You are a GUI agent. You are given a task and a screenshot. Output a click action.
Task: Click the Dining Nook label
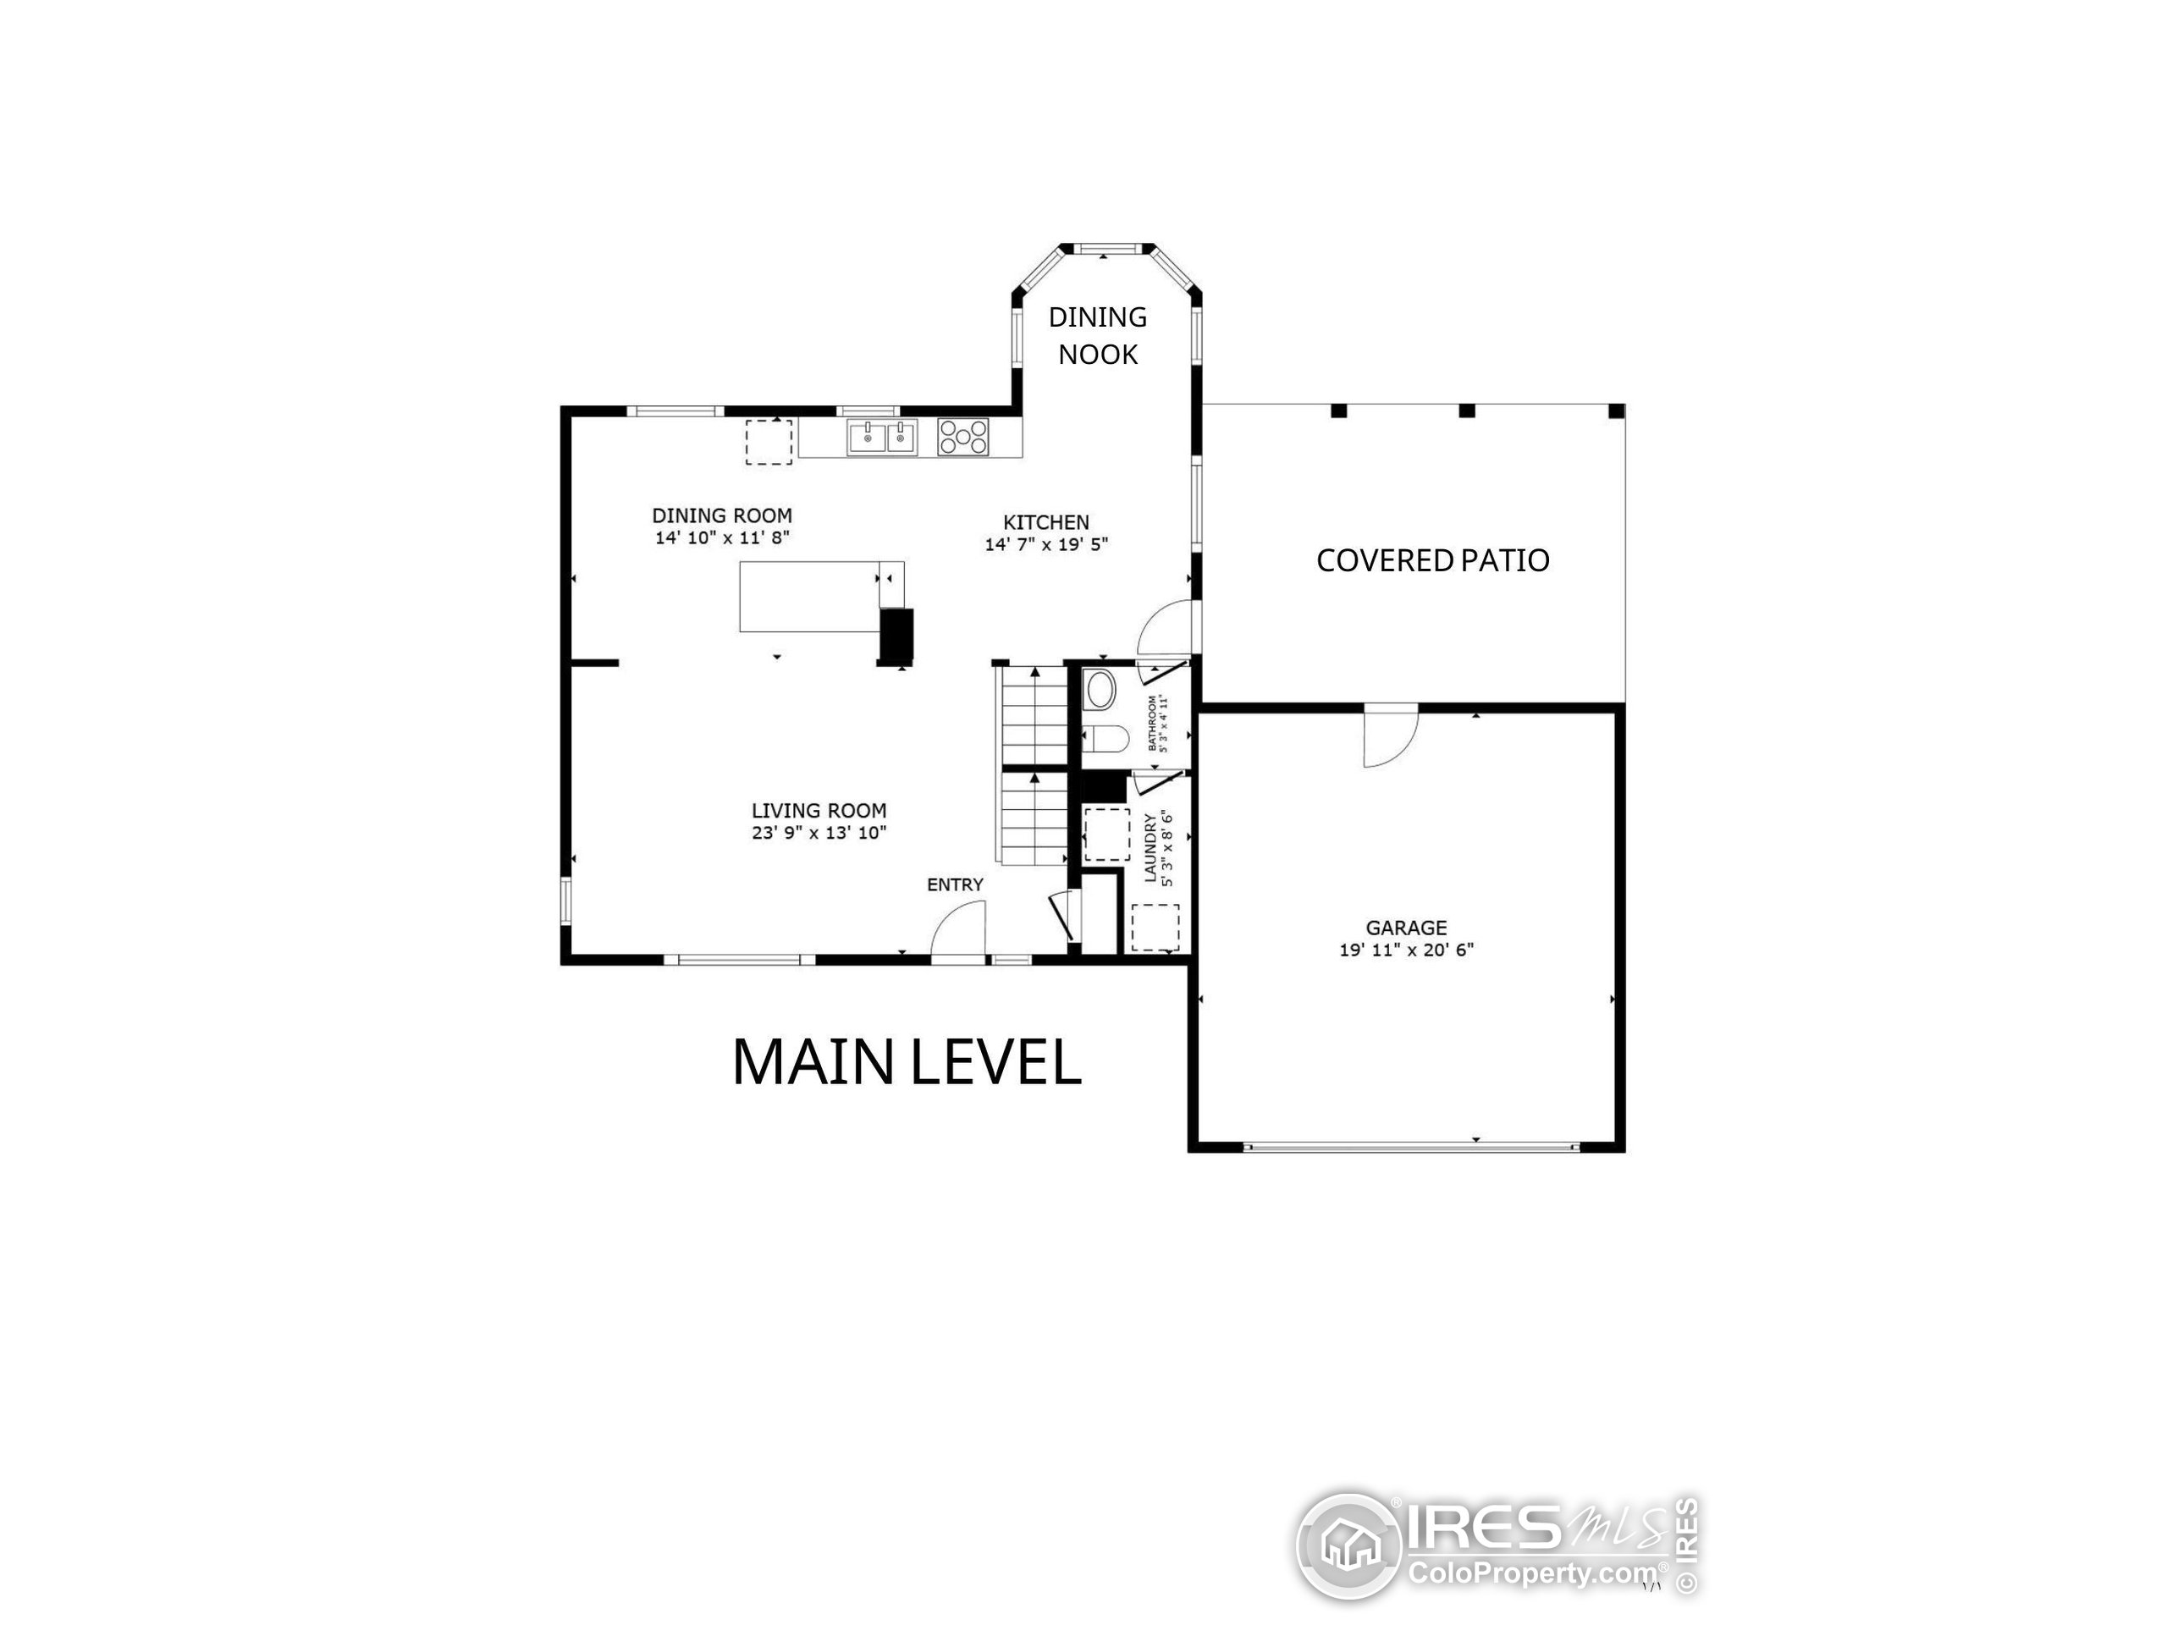coord(1097,335)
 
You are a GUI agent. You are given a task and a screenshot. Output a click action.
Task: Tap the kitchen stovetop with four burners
coord(963,436)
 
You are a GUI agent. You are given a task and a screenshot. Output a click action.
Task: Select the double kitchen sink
coord(883,437)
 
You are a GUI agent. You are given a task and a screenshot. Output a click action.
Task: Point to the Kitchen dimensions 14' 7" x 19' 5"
coord(1046,544)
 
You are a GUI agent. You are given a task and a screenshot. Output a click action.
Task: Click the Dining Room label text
coord(722,515)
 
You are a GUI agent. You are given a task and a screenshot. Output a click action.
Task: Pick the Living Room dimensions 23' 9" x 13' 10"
coord(819,834)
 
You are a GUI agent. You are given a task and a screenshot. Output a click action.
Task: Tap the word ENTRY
coord(955,885)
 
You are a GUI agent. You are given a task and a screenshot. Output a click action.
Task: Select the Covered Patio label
coord(1432,560)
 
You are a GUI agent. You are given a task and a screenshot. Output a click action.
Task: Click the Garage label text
coord(1406,928)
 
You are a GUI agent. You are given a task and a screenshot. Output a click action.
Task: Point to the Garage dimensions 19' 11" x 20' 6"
coord(1406,950)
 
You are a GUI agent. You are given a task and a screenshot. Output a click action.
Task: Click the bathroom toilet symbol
coord(1103,737)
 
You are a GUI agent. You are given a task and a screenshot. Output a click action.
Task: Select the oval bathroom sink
coord(1100,691)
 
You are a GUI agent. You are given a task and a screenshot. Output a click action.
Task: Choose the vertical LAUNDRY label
coord(1151,848)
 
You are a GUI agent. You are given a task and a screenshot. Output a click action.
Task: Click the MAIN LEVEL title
coord(907,1063)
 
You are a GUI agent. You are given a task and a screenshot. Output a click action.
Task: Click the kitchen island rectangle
coord(809,597)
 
